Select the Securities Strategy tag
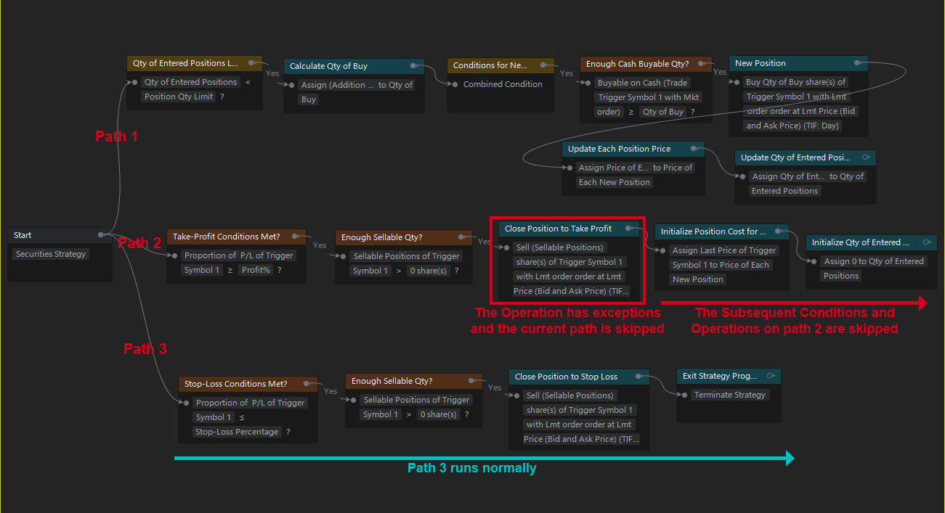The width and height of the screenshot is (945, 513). pyautogui.click(x=51, y=254)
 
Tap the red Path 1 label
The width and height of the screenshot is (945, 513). pyautogui.click(x=116, y=136)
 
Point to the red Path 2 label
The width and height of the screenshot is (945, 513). pyautogui.click(x=139, y=243)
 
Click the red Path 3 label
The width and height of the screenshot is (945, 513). pyautogui.click(x=145, y=349)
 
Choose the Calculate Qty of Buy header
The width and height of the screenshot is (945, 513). pyautogui.click(x=354, y=66)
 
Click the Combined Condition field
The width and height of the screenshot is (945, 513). pyautogui.click(x=503, y=84)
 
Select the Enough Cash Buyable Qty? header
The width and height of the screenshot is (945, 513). pyautogui.click(x=646, y=64)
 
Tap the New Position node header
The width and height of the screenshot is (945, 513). pyautogui.click(x=798, y=63)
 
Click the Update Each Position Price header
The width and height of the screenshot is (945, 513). pyautogui.click(x=633, y=149)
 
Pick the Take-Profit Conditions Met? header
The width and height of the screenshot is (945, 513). pyautogui.click(x=236, y=237)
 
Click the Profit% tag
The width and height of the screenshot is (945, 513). pyautogui.click(x=256, y=270)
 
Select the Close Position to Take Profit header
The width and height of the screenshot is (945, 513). pyautogui.click(x=569, y=229)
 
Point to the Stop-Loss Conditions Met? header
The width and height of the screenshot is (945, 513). pyautogui.click(x=248, y=384)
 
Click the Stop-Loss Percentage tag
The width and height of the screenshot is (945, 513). pyautogui.click(x=237, y=432)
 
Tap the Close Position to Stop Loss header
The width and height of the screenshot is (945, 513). pyautogui.click(x=579, y=377)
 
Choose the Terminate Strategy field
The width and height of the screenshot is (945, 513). pyautogui.click(x=730, y=395)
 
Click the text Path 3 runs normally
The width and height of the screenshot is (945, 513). pyautogui.click(x=471, y=468)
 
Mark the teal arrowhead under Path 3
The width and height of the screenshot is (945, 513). pyautogui.click(x=790, y=458)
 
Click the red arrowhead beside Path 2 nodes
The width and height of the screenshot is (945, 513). pyautogui.click(x=922, y=303)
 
